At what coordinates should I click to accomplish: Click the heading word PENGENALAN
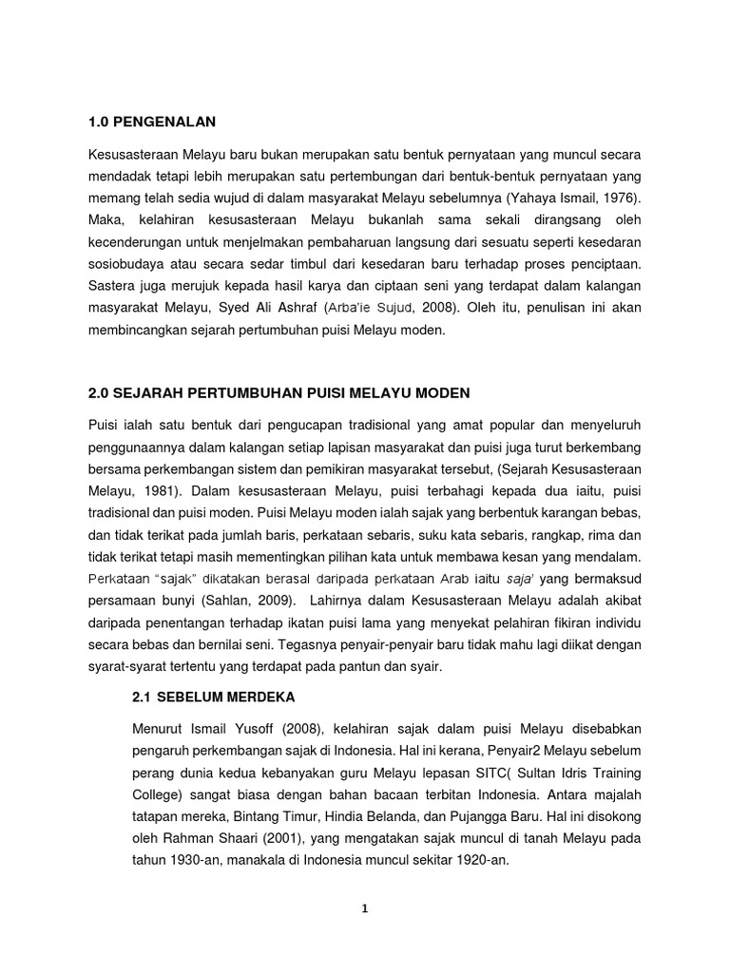163,121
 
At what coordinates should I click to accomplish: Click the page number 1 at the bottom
364,907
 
